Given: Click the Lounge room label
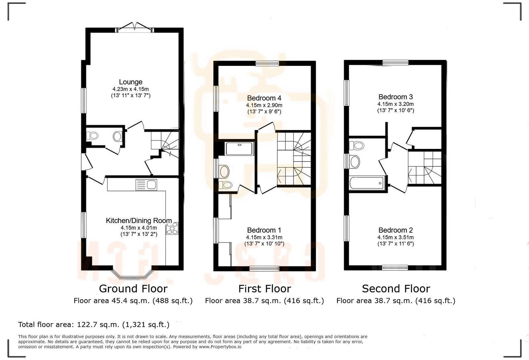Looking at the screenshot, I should point(131,82).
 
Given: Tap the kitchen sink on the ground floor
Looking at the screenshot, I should point(146,185).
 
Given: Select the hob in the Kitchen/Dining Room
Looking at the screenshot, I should point(173,228).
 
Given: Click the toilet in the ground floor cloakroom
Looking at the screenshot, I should point(93,135).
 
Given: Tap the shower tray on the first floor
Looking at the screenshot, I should point(239,149).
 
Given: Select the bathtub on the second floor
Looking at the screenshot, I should point(366,183).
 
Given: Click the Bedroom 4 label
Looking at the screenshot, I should point(264,98).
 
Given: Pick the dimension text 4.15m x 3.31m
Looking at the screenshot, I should point(264,237).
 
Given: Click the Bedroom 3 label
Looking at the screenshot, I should point(395,97).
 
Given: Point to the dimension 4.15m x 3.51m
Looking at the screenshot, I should point(395,237).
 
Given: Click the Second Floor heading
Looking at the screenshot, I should point(396,289).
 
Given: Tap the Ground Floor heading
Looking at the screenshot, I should point(133,289).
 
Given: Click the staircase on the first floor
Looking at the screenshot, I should point(294,159).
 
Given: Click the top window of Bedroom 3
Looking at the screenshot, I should point(395,63).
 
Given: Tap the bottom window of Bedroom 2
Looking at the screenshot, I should point(395,268).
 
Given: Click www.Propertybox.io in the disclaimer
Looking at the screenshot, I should point(220,347).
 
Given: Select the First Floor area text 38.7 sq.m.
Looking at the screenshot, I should point(264,300).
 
